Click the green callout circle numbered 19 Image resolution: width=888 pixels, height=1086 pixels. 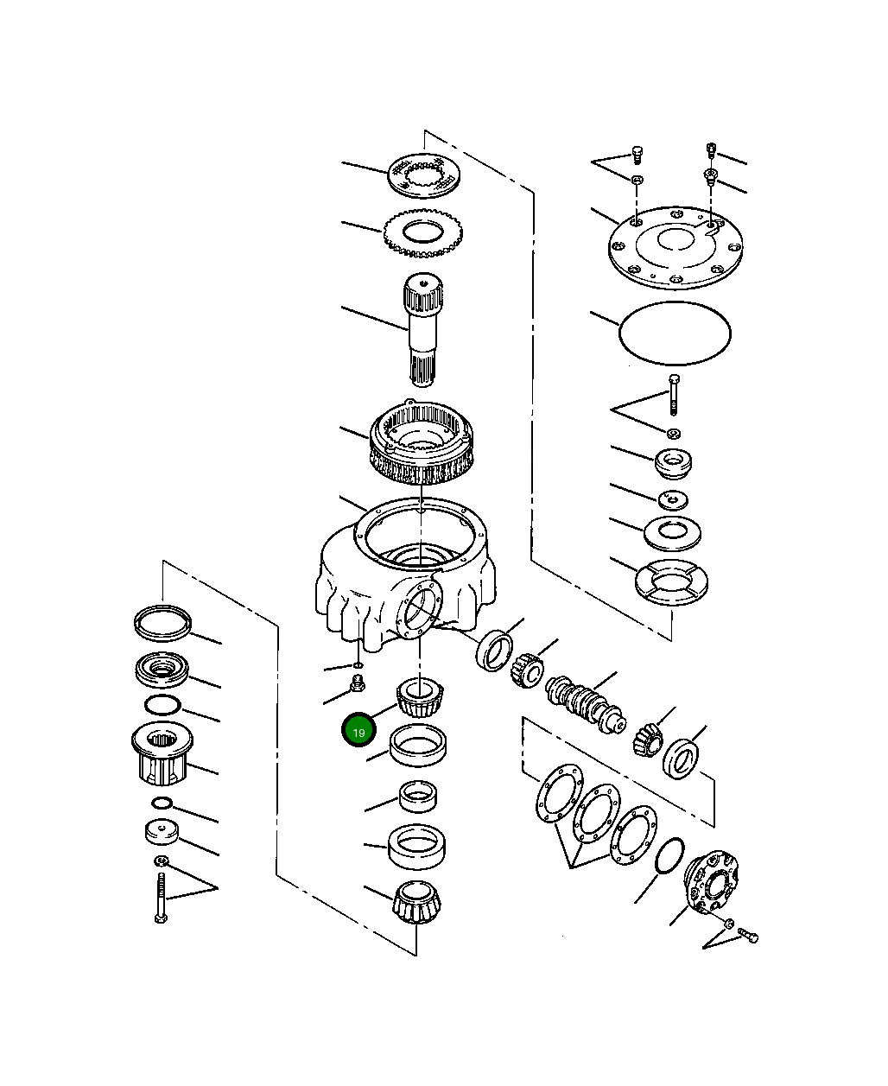pyautogui.click(x=358, y=731)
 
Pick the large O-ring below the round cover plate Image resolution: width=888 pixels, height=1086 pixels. pyautogui.click(x=675, y=333)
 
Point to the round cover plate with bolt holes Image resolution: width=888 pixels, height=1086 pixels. pyautogui.click(x=676, y=247)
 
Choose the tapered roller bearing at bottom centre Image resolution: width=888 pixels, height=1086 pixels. pyautogui.click(x=417, y=902)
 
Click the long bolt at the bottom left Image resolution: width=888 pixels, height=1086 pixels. pyautogui.click(x=161, y=899)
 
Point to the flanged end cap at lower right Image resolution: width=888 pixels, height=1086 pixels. pyautogui.click(x=712, y=882)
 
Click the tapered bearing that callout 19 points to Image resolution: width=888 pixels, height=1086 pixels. pyautogui.click(x=420, y=698)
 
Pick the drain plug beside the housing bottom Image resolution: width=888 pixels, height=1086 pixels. pyautogui.click(x=354, y=687)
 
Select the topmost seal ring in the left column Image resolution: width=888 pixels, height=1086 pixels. pyautogui.click(x=162, y=622)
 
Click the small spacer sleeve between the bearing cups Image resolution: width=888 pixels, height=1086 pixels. pyautogui.click(x=420, y=795)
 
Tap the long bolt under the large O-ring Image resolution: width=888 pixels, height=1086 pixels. pyautogui.click(x=674, y=395)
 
